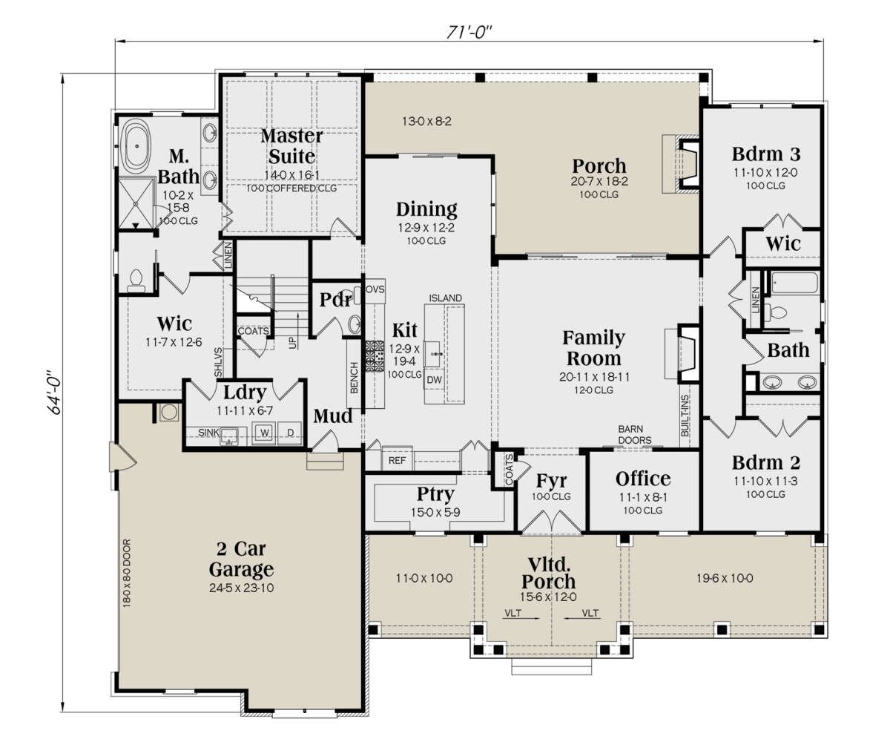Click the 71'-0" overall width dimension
[x=469, y=32]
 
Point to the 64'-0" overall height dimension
[x=55, y=392]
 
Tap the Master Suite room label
[x=291, y=146]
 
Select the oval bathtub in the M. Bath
[x=136, y=146]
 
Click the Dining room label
[x=426, y=210]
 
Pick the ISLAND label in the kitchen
[x=445, y=298]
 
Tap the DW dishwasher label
[x=434, y=380]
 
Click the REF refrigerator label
[x=397, y=461]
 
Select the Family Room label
[x=593, y=348]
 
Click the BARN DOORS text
[x=635, y=434]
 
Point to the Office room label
[x=643, y=479]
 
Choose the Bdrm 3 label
[x=766, y=154]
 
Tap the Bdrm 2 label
[x=766, y=463]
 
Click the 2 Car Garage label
[x=241, y=559]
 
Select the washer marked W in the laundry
[x=264, y=433]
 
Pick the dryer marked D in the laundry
[x=290, y=433]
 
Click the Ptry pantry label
[x=435, y=495]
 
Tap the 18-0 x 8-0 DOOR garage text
[x=127, y=573]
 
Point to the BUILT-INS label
[x=685, y=416]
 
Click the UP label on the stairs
[x=292, y=342]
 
